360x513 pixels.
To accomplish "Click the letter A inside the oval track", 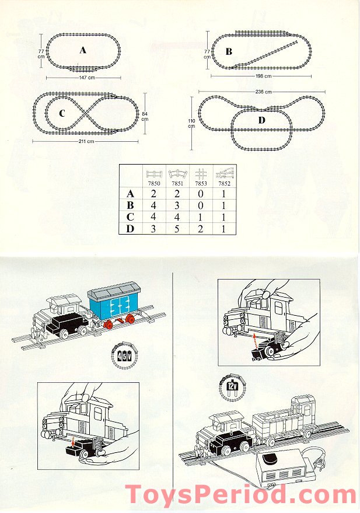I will [83, 50].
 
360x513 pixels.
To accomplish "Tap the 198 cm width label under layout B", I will [264, 76].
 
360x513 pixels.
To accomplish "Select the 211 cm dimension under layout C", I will [86, 141].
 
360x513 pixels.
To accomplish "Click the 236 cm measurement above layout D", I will [264, 92].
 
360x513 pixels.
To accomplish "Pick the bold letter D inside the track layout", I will [261, 120].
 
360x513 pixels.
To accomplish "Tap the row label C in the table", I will [130, 216].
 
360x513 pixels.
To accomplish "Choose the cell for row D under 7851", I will [177, 228].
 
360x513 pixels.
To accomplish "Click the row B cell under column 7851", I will [177, 205].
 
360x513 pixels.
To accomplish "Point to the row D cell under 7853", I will [200, 228].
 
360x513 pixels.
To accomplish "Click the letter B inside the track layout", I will [229, 52].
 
